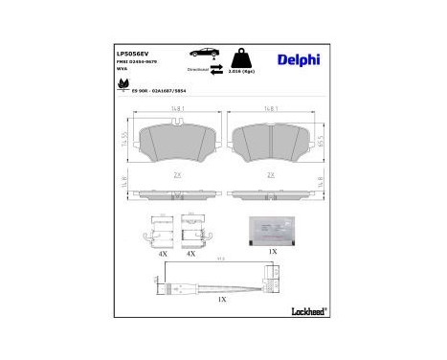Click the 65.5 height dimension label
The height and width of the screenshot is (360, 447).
click(x=318, y=141)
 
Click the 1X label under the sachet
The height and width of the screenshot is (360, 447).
click(x=272, y=253)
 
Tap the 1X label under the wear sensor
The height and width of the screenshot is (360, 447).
click(x=222, y=299)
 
